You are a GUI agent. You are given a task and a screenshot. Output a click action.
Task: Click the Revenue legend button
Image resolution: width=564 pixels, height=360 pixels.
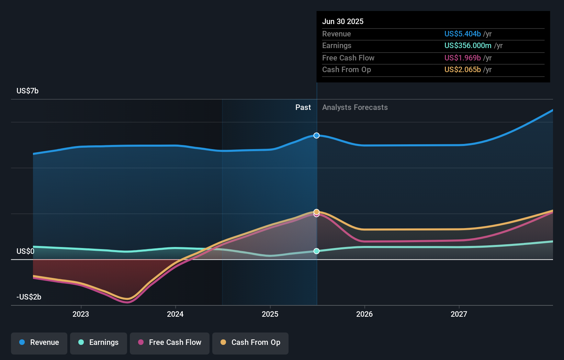coord(39,343)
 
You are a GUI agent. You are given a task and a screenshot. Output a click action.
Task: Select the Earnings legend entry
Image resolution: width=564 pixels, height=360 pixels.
coord(99,343)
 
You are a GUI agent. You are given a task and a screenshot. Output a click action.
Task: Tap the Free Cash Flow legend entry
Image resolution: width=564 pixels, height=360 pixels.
coord(170,343)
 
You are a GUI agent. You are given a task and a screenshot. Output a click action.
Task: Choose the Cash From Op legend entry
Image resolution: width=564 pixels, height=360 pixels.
coord(250,343)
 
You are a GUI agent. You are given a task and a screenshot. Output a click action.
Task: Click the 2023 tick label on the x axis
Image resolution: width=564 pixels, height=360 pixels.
coord(81,314)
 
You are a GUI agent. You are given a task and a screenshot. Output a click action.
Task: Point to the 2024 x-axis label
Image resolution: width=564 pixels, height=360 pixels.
coord(175,314)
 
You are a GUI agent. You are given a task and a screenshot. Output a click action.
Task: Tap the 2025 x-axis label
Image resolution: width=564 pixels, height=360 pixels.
coord(270,314)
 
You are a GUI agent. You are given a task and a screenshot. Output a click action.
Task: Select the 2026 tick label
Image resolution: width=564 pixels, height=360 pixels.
coord(364,314)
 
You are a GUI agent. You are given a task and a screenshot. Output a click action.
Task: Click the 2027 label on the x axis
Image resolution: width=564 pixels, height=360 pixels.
coord(459,314)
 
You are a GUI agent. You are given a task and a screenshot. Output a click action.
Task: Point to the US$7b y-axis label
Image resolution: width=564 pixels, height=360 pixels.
coord(27,91)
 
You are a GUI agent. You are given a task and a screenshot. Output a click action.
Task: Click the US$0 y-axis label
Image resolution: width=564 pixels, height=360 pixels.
coord(25,251)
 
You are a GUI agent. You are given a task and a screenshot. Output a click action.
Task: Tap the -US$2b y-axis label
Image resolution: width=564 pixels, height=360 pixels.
coord(29,297)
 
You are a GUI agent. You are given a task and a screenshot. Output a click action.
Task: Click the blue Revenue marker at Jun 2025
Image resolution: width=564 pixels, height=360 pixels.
coord(316,136)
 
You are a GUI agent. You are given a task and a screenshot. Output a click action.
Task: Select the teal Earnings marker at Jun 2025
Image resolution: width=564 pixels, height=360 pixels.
coord(316,251)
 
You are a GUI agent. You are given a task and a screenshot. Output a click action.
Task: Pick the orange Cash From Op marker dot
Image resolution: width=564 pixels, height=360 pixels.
coord(316,212)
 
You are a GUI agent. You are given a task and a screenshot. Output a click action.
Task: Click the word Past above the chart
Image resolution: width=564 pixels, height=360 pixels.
coord(303,108)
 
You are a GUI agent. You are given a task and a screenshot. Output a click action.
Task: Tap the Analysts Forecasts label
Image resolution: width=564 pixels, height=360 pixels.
coord(355,108)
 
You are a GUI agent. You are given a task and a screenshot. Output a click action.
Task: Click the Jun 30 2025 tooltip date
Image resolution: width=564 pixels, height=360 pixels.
coord(343,21)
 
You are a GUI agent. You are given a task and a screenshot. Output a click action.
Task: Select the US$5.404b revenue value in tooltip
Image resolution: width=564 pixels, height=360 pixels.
coord(462,34)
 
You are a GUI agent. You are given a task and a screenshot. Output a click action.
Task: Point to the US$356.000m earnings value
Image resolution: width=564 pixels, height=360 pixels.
coord(467,45)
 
